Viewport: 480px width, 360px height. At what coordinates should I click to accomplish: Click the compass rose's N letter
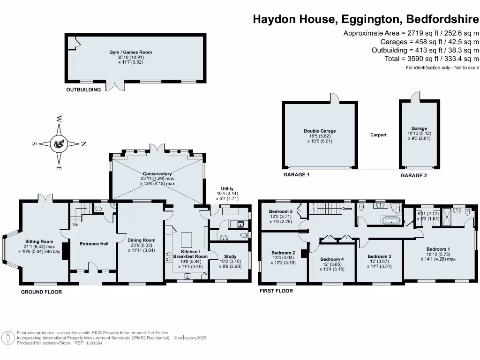pyautogui.click(x=83, y=144)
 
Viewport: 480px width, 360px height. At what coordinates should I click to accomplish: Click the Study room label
pyautogui.click(x=230, y=256)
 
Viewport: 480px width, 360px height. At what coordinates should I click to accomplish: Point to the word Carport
pyautogui.click(x=378, y=135)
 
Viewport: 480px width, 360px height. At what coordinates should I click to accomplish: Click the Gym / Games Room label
pyautogui.click(x=134, y=52)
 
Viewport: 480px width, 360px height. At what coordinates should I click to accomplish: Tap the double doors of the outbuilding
pyautogui.click(x=115, y=86)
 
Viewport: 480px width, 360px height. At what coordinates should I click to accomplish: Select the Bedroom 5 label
pyautogui.click(x=281, y=211)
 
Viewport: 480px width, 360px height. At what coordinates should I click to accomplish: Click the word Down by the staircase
pyautogui.click(x=347, y=209)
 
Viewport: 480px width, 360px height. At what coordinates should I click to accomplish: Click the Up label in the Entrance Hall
pyautogui.click(x=75, y=225)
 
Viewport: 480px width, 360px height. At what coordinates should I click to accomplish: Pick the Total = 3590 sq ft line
pyautogui.click(x=425, y=59)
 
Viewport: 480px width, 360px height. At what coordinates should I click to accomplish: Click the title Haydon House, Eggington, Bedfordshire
pyautogui.click(x=366, y=19)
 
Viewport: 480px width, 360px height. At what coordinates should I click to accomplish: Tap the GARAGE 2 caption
pyautogui.click(x=414, y=175)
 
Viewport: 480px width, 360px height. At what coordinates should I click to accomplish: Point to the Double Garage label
pyautogui.click(x=320, y=131)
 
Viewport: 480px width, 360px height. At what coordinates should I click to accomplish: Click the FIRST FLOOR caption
pyautogui.click(x=277, y=291)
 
